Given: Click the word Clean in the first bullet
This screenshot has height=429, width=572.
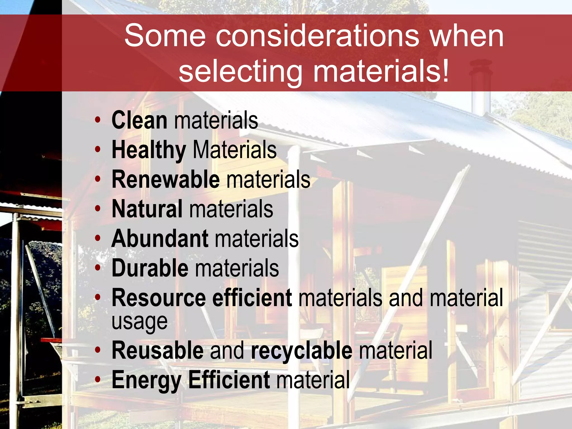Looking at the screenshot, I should point(139,120).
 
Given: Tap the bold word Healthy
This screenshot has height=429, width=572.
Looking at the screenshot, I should point(149,150).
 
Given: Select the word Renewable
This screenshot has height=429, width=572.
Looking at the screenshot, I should point(166,180).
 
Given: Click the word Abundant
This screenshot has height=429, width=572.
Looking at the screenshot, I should point(160,239).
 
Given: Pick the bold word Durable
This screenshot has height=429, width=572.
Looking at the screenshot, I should point(150,268).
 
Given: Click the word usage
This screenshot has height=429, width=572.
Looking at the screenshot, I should point(139,321).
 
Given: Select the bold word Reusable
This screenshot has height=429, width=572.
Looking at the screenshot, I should point(158,351).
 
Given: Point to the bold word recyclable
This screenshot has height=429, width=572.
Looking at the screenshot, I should point(302,351).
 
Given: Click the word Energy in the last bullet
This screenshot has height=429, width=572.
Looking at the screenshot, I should point(146,380).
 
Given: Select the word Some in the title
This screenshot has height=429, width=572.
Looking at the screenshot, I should point(165,36).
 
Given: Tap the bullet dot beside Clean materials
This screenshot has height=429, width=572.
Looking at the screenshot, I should point(97,120).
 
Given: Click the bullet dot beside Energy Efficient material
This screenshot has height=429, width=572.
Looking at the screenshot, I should point(97,380).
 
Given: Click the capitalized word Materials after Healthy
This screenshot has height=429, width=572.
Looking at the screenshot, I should point(235,150).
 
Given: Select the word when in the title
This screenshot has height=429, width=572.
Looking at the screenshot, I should point(467,36).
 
